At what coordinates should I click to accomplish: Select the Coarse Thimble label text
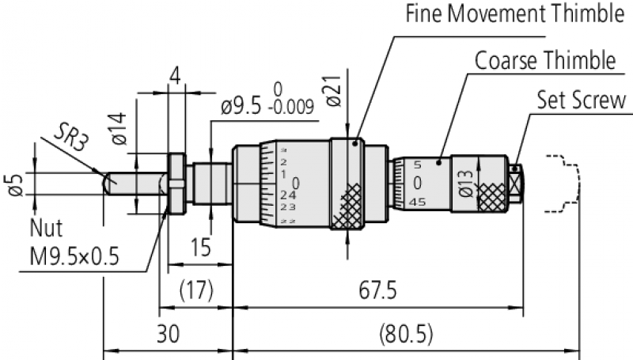point(545,61)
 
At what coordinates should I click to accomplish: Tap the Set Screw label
point(582,100)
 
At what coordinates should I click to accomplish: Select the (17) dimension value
point(195,291)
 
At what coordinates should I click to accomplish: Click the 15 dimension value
point(201,248)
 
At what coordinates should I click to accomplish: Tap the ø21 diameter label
point(332,94)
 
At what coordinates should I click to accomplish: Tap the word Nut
point(45,227)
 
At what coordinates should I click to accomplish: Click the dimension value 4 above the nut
point(175,78)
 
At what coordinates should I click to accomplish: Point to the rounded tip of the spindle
point(106,184)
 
